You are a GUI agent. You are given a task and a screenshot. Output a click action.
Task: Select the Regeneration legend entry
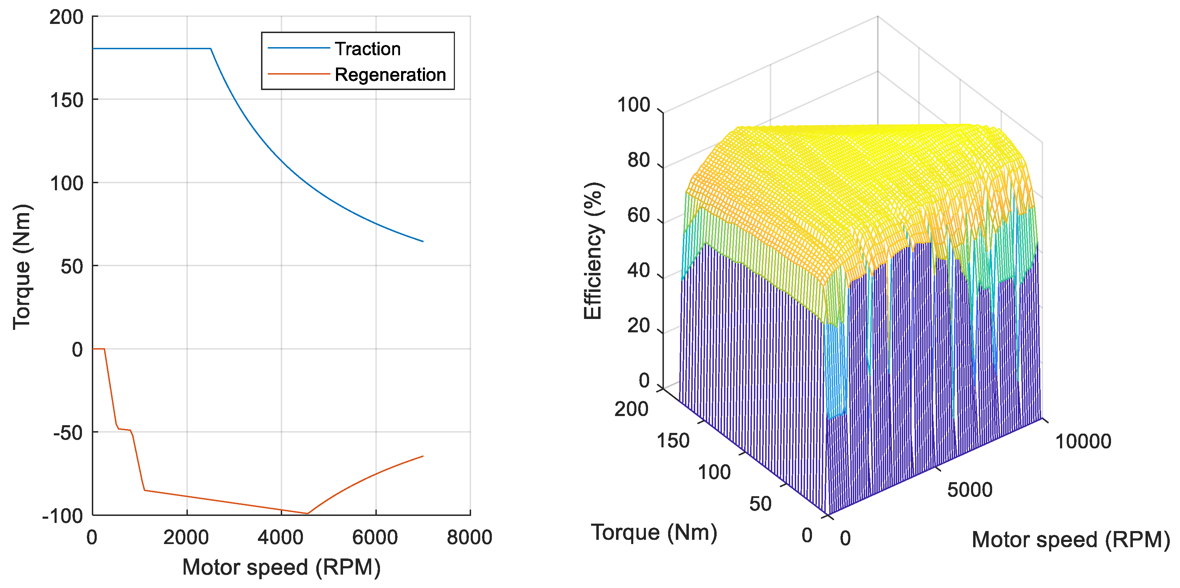tap(390, 75)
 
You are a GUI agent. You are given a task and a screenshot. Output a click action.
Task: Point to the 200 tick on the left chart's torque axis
tap(66, 17)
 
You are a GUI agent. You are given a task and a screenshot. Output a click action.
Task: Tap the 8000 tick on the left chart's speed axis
tap(470, 537)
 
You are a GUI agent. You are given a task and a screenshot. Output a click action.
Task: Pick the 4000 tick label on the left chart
tap(280, 537)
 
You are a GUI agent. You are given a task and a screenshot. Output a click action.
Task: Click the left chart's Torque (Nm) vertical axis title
tap(22, 267)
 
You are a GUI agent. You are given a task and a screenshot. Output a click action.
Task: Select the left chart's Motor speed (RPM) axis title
tap(281, 567)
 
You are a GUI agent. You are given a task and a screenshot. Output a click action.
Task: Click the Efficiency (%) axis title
tap(593, 251)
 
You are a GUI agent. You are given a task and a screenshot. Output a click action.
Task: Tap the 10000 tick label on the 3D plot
tap(1083, 441)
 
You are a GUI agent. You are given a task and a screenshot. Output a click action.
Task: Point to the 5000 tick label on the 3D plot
tap(970, 490)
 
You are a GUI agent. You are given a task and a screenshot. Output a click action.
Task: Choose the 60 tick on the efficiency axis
tap(639, 215)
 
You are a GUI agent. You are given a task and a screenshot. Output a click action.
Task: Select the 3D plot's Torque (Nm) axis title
tap(654, 532)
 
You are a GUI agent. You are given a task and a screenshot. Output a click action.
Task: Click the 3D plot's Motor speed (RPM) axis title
tap(1071, 540)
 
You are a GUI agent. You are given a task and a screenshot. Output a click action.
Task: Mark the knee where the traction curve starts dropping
tap(211, 49)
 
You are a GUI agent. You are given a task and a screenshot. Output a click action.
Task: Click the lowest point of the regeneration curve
tap(307, 513)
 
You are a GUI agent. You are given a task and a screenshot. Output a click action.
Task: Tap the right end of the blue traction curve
tap(423, 241)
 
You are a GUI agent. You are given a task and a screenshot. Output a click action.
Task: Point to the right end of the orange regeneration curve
tap(423, 456)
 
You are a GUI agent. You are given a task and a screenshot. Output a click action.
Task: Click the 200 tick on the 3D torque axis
tap(631, 409)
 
